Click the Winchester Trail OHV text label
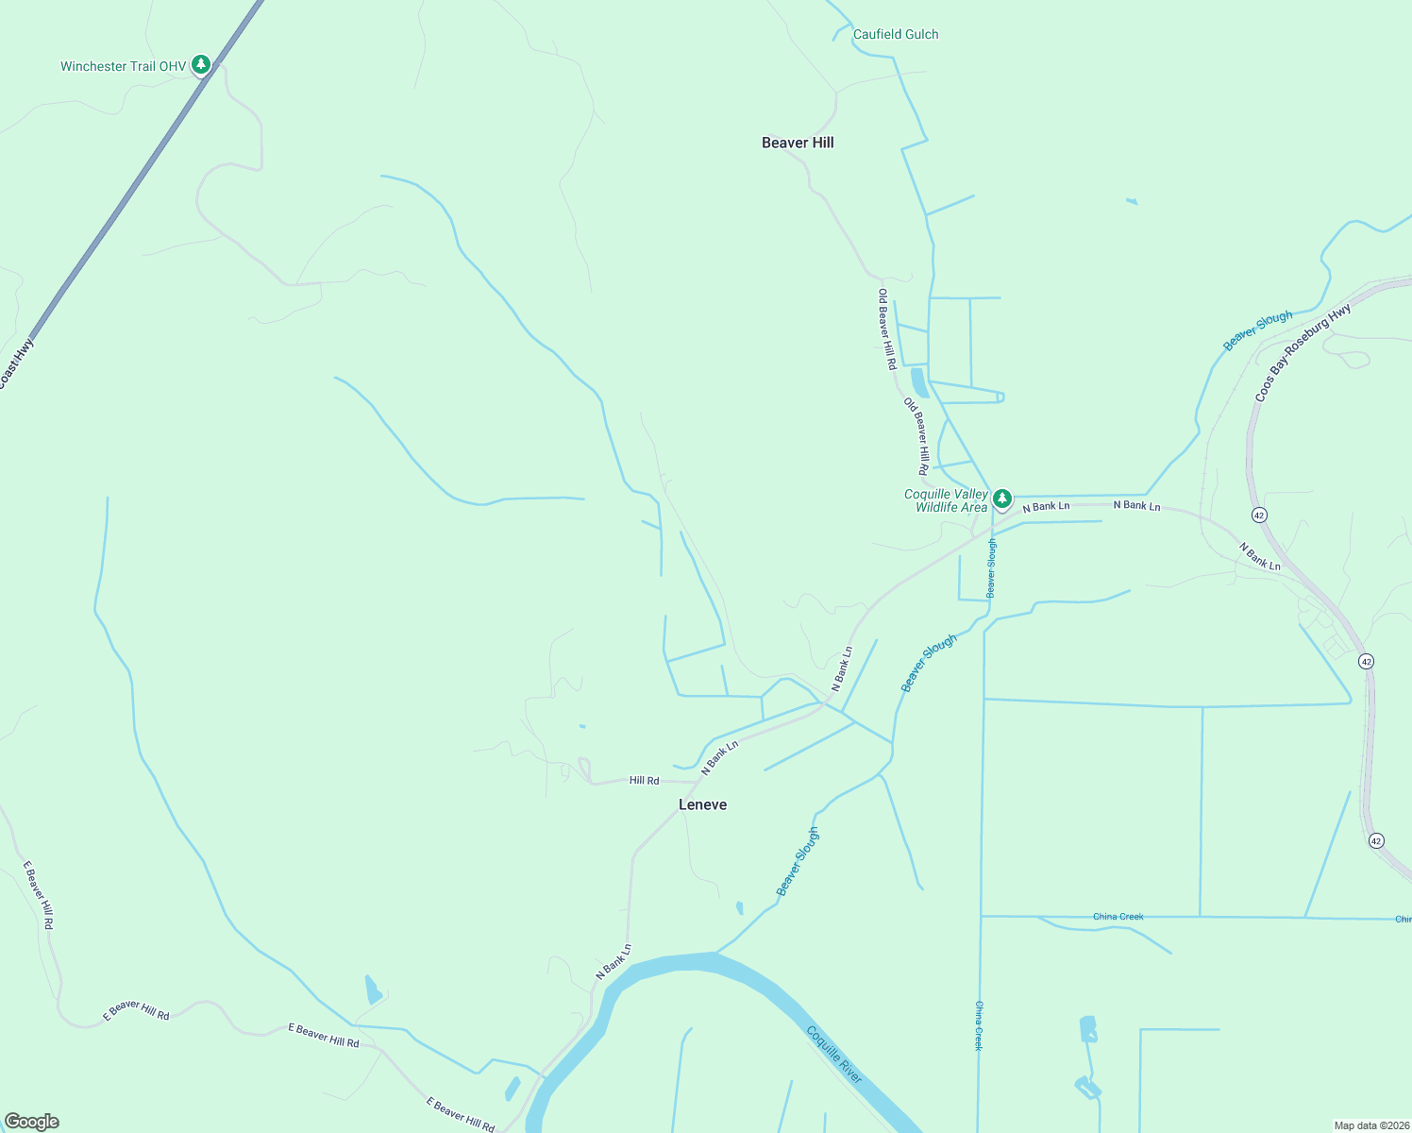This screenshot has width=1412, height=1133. pyautogui.click(x=123, y=66)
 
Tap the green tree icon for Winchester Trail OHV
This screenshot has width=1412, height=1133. pyautogui.click(x=200, y=64)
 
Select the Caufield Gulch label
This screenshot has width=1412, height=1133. pyautogui.click(x=896, y=34)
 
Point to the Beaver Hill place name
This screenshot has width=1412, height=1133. pyautogui.click(x=798, y=143)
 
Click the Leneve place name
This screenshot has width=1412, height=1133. pyautogui.click(x=703, y=804)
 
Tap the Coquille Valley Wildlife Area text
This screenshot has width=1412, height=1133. pyautogui.click(x=947, y=500)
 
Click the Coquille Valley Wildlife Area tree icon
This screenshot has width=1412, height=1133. pyautogui.click(x=1002, y=498)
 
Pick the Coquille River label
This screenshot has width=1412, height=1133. pyautogui.click(x=835, y=1054)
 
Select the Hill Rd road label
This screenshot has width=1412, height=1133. pyautogui.click(x=644, y=781)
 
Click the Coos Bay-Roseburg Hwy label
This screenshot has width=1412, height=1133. pyautogui.click(x=1303, y=353)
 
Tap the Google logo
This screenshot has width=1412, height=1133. pyautogui.click(x=31, y=1122)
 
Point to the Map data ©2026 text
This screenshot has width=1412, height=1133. pyautogui.click(x=1370, y=1125)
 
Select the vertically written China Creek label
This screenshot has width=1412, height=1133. pyautogui.click(x=979, y=1025)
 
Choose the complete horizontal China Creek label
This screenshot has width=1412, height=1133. pyautogui.click(x=1118, y=917)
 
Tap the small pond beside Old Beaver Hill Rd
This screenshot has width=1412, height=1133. pyautogui.click(x=917, y=382)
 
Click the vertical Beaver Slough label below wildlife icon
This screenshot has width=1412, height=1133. pyautogui.click(x=991, y=568)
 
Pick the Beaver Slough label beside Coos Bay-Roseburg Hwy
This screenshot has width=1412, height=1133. pyautogui.click(x=1258, y=330)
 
